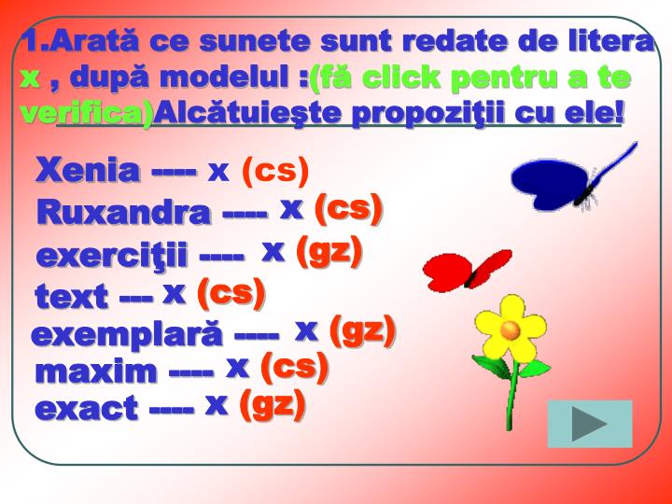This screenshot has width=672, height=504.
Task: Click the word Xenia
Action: [x=87, y=171]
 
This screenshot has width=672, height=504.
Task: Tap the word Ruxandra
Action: [x=123, y=212]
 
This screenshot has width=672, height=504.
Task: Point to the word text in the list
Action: [x=71, y=298]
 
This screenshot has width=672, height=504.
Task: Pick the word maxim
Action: [x=96, y=371]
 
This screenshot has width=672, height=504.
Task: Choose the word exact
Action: [x=85, y=408]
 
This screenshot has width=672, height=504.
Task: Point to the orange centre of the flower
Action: [x=510, y=329]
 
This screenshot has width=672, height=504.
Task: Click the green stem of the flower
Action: [x=511, y=392]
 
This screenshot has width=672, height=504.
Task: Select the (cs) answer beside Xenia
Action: [x=275, y=171]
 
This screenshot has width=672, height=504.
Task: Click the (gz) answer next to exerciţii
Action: [x=328, y=251]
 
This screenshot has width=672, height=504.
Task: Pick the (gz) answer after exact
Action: [x=273, y=404]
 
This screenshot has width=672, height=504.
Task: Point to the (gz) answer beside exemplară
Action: [x=363, y=329]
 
